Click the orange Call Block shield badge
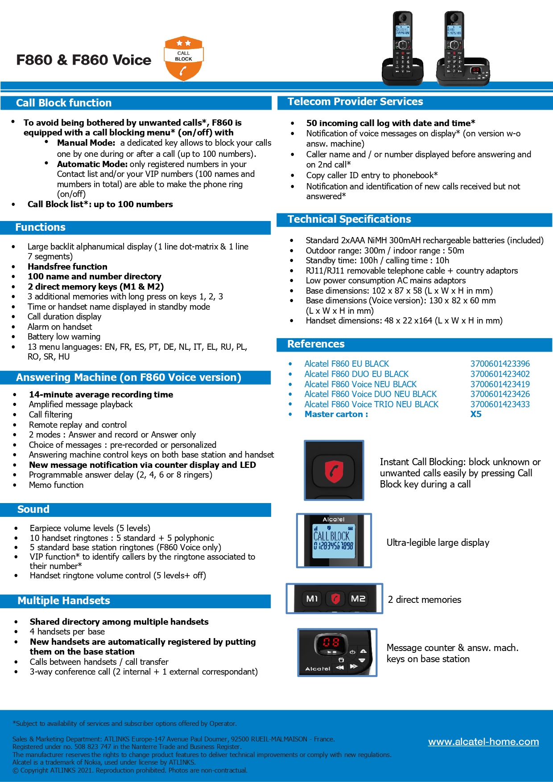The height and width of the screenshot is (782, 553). [184, 58]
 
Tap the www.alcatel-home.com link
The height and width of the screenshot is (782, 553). [483, 742]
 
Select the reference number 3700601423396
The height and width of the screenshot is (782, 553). [500, 364]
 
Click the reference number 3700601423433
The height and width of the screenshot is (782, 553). [500, 404]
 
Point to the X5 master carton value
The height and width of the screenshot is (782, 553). [476, 414]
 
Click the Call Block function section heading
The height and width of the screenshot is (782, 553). [64, 103]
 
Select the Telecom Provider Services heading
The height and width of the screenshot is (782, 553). [355, 102]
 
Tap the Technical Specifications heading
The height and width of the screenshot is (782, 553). [349, 219]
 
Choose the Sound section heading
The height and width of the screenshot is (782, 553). [33, 509]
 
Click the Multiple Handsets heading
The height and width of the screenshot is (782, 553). [64, 601]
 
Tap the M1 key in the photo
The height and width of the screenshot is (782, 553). [312, 598]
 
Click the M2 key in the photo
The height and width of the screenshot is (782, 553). [358, 598]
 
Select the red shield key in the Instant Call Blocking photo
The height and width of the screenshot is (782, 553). [334, 471]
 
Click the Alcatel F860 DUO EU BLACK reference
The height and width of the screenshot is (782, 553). [356, 374]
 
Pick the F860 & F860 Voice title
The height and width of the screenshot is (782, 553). [84, 60]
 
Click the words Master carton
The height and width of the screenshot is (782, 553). [336, 414]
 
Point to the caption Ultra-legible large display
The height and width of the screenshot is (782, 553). [437, 542]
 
